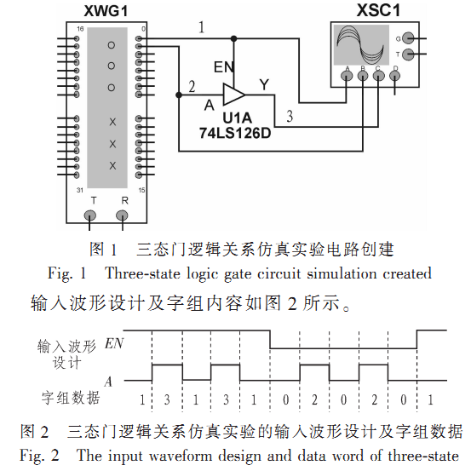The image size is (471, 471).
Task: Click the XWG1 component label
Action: [x=106, y=11]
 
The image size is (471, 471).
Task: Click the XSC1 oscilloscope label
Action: [x=378, y=10]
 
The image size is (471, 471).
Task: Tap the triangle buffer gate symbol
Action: [x=233, y=95]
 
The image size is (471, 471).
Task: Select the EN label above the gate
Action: [x=224, y=66]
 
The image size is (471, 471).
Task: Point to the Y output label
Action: [x=264, y=84]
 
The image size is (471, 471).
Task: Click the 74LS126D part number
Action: [x=235, y=133]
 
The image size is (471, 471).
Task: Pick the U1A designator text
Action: [x=238, y=118]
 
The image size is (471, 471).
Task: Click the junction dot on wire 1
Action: [x=233, y=38]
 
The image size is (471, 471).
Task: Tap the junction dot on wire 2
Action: [x=179, y=95]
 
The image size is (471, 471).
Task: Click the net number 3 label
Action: [x=290, y=116]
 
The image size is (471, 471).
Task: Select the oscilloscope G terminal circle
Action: [x=408, y=38]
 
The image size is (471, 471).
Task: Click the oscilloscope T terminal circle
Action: [x=408, y=55]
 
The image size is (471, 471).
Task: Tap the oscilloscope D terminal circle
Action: [x=394, y=76]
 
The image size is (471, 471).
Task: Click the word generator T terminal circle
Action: [x=89, y=215]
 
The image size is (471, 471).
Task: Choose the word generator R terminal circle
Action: [x=122, y=215]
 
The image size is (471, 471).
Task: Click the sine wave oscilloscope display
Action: [x=361, y=45]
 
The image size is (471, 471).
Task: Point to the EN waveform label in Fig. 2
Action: [x=114, y=343]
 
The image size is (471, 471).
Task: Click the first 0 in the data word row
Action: [x=285, y=399]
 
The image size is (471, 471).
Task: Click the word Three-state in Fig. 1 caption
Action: [x=142, y=273]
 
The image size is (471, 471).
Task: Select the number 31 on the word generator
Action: [x=79, y=190]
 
